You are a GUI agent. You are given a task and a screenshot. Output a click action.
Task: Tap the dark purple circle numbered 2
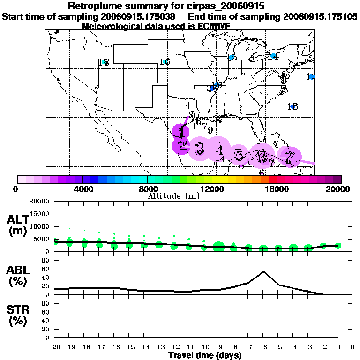[182, 146]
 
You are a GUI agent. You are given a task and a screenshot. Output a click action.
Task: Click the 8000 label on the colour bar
[147, 189]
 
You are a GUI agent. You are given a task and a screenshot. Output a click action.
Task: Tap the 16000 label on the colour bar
[277, 189]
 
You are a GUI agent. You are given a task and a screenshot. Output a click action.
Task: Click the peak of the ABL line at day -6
[263, 271]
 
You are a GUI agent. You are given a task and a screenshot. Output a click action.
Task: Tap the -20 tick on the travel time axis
[55, 347]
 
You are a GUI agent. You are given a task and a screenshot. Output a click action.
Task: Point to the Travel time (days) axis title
[205, 355]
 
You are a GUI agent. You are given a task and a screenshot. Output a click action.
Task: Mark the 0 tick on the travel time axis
[352, 347]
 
